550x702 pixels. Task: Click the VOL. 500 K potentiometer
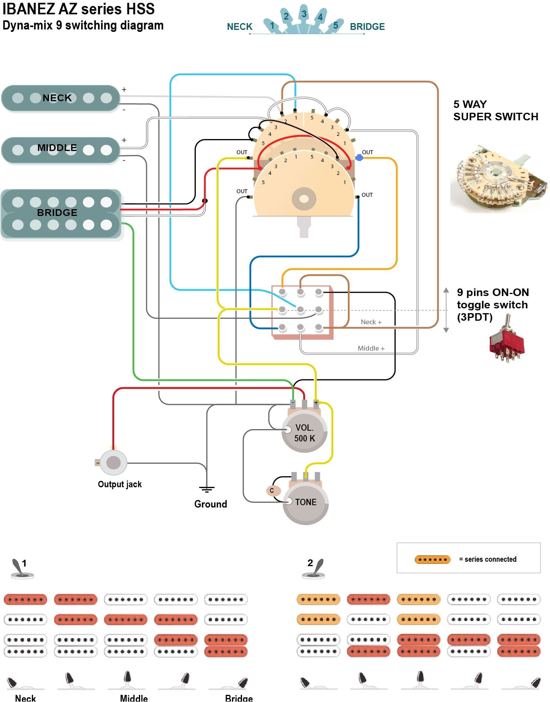304,433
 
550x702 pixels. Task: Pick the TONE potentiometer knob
306,502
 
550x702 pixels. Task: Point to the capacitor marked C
272,490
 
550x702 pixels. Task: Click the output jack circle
113,463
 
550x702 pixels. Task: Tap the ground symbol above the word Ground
207,490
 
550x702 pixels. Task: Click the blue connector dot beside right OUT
359,158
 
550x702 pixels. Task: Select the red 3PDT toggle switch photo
506,339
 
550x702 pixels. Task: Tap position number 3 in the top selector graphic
304,14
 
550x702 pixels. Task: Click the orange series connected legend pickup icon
432,559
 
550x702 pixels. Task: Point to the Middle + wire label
371,349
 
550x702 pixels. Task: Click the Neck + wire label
371,322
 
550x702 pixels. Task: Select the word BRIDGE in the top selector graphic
367,27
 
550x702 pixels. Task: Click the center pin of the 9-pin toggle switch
300,310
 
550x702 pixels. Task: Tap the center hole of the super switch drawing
304,198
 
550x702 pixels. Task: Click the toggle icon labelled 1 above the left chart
20,569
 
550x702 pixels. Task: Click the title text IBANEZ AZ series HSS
79,9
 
